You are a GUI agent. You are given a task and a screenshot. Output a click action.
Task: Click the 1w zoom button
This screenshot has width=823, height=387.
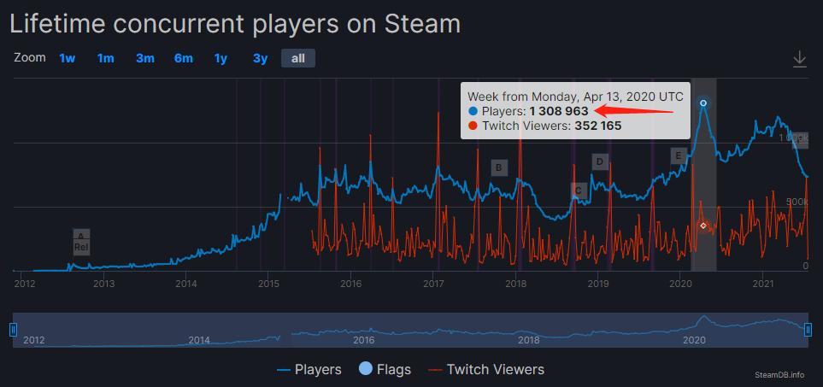click(x=68, y=58)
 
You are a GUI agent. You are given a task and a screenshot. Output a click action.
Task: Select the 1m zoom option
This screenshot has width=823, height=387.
click(x=105, y=58)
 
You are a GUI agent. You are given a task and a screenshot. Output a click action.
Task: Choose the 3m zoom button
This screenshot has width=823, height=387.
click(x=145, y=58)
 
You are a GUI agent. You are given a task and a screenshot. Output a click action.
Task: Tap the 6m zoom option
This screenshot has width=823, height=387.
click(x=183, y=58)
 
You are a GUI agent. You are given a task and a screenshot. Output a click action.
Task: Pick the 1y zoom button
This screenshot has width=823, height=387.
click(x=220, y=58)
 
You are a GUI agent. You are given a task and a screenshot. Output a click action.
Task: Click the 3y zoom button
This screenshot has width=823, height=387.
click(x=260, y=58)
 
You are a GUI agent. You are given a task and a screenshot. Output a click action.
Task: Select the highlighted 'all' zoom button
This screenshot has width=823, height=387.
click(x=298, y=58)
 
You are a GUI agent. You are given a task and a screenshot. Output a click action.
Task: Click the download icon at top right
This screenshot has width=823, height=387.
click(x=800, y=59)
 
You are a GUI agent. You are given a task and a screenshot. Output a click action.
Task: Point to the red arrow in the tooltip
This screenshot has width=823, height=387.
click(x=636, y=110)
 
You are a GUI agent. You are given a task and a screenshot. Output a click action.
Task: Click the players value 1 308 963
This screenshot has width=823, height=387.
click(x=558, y=111)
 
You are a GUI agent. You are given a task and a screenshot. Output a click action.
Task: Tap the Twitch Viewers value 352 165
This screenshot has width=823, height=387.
click(x=597, y=126)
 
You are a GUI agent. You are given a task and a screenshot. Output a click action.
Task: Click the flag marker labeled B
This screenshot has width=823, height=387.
click(x=499, y=167)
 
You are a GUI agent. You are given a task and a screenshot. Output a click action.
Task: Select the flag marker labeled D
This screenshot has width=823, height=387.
click(x=600, y=161)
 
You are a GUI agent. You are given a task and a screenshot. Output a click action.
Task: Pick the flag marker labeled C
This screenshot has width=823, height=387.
click(x=579, y=191)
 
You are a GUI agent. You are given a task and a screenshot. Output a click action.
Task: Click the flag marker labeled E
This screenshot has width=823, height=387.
click(x=679, y=155)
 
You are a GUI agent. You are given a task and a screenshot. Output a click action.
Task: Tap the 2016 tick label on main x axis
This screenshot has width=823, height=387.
click(x=350, y=283)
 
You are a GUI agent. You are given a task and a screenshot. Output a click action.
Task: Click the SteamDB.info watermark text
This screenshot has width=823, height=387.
click(x=779, y=374)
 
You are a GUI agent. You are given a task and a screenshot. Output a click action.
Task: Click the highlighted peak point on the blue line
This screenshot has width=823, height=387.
click(x=703, y=103)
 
